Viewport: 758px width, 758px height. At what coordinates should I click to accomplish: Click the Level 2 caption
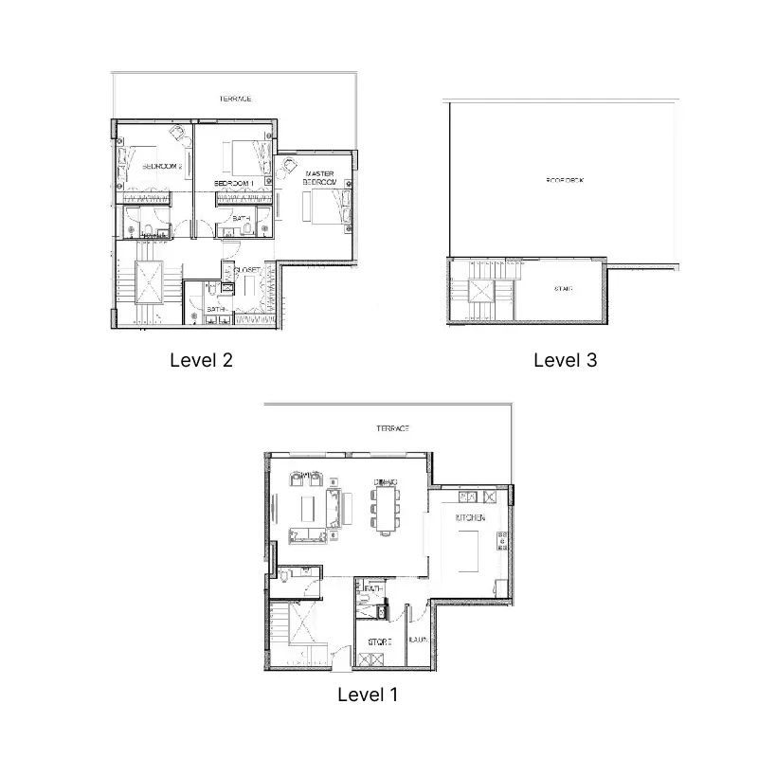click(200, 360)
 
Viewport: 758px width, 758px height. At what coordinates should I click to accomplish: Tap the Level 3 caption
click(565, 360)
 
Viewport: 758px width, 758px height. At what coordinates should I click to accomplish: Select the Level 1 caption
click(368, 695)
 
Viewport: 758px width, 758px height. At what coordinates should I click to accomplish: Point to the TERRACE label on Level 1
click(392, 429)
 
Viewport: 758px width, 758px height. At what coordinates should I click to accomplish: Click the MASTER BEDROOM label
click(320, 178)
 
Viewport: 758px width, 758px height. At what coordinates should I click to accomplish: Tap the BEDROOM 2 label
click(161, 166)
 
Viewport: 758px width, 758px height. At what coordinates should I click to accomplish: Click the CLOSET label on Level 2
click(248, 270)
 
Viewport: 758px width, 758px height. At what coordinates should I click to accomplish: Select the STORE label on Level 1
click(381, 641)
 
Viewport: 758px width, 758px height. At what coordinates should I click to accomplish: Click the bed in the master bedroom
click(324, 206)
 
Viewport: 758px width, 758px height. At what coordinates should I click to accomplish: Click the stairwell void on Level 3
click(483, 294)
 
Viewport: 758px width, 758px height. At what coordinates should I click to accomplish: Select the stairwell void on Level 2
click(149, 281)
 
